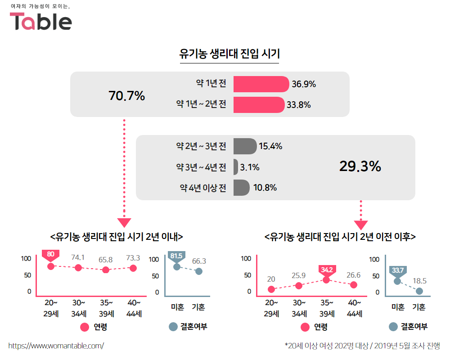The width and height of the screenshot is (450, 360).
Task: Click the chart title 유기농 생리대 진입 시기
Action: pyautogui.click(x=229, y=54)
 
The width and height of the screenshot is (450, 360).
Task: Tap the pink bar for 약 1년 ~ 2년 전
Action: pyautogui.click(x=259, y=105)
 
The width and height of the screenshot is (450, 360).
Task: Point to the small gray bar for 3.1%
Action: pyautogui.click(x=236, y=167)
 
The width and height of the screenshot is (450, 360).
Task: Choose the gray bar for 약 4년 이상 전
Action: pyautogui.click(x=241, y=188)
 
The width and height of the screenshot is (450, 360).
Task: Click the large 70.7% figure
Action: pyautogui.click(x=127, y=95)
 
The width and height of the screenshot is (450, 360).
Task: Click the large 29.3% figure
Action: pyautogui.click(x=360, y=166)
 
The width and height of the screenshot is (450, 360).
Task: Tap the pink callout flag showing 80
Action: pyautogui.click(x=50, y=255)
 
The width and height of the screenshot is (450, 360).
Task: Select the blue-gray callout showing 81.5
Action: pyautogui.click(x=176, y=256)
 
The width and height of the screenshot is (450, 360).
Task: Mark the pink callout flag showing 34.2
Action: pyautogui.click(x=327, y=270)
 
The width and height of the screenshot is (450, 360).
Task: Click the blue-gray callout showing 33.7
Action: pyautogui.click(x=397, y=271)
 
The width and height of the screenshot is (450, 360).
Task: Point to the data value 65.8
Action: pyautogui.click(x=106, y=260)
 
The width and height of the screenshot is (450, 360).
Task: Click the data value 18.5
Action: pyautogui.click(x=420, y=281)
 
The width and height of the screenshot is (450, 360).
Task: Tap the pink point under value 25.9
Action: pyautogui.click(x=299, y=285)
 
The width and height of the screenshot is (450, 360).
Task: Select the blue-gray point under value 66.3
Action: pyautogui.click(x=199, y=271)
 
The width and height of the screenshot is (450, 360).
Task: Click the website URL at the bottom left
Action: pyautogui.click(x=56, y=346)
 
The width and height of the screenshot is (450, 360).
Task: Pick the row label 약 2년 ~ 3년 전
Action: pyautogui.click(x=201, y=146)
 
